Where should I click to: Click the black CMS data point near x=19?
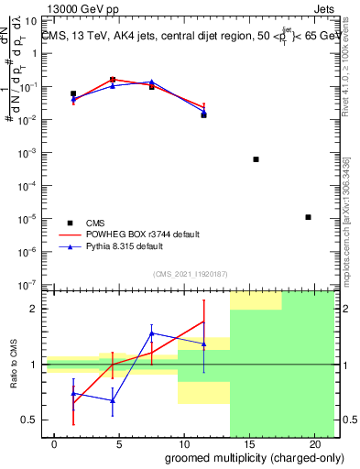point(308,217)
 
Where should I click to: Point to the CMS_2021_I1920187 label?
point(190,274)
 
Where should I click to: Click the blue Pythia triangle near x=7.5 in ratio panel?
point(152,333)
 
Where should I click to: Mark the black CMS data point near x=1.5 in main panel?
point(73,93)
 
